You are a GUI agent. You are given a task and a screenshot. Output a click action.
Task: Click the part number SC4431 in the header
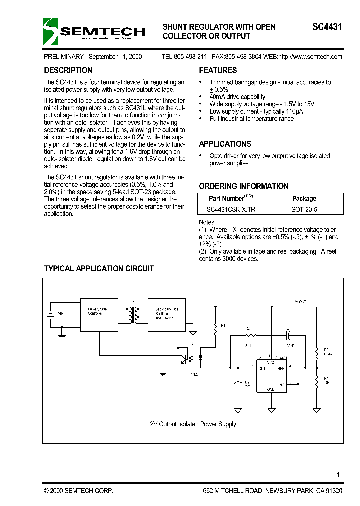[327, 27]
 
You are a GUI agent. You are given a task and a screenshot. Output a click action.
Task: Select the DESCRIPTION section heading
[68, 71]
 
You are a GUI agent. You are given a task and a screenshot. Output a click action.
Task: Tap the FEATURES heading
[218, 71]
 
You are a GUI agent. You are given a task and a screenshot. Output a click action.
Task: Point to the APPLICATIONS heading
[225, 144]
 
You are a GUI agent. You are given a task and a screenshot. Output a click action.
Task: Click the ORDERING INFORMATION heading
[244, 186]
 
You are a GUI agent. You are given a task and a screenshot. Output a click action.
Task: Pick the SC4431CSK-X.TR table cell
[234, 210]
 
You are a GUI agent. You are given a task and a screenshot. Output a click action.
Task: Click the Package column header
[304, 198]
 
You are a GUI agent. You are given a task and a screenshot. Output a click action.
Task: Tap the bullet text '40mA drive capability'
[237, 97]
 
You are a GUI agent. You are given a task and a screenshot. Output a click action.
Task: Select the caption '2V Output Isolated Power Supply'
[193, 424]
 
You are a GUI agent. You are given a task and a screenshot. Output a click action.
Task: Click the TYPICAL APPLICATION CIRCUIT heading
[99, 269]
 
